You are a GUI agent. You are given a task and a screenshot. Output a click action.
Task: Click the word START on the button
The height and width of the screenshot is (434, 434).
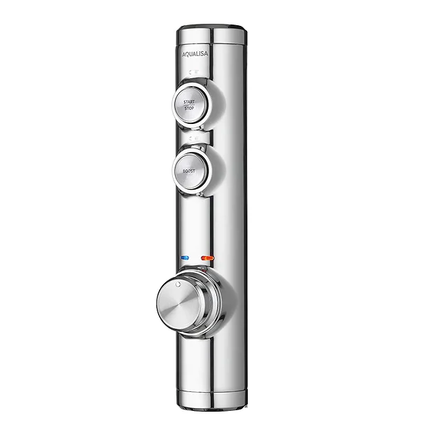[189, 101]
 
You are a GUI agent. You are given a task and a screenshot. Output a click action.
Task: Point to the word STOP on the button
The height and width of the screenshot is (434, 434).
[189, 109]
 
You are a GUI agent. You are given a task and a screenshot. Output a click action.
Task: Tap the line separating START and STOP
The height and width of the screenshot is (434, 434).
[189, 106]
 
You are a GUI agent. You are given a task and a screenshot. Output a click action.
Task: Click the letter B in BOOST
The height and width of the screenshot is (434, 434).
[183, 171]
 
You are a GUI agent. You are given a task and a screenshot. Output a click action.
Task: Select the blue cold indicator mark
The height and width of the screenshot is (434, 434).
[185, 258]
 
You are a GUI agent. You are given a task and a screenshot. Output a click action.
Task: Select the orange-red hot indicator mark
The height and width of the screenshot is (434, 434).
[206, 258]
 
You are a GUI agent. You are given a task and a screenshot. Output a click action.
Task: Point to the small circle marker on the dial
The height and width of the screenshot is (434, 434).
[179, 286]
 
